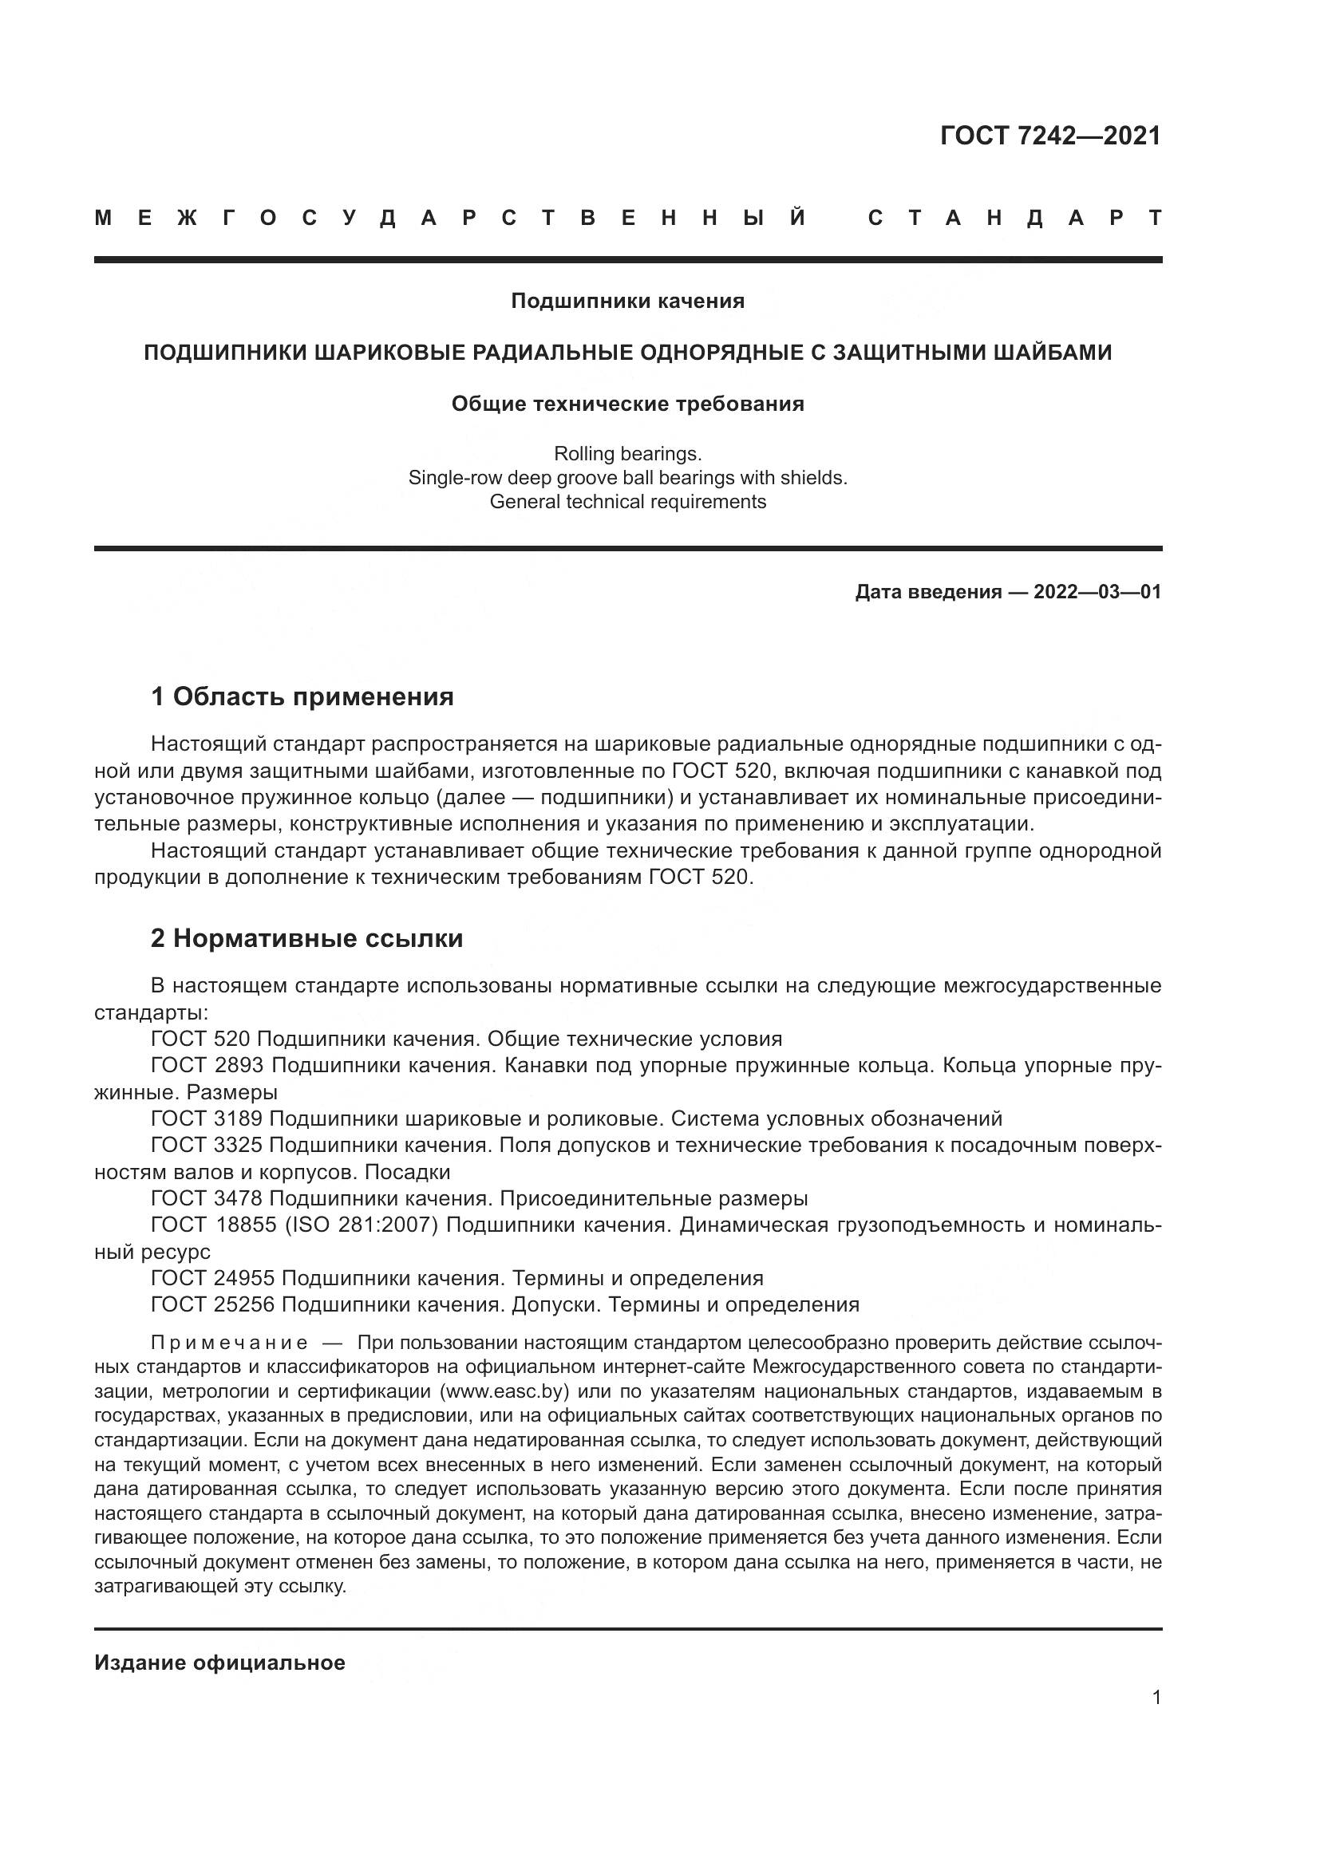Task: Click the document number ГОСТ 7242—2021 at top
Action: [1050, 136]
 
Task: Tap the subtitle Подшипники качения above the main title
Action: [627, 302]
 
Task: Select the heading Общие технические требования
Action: [627, 404]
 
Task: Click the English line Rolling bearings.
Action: [627, 453]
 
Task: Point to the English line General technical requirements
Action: [627, 502]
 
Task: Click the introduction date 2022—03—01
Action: [1097, 592]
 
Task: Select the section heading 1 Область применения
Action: [302, 696]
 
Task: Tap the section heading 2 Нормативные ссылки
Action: [307, 939]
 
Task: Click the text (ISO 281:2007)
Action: [362, 1225]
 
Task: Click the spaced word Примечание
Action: [229, 1342]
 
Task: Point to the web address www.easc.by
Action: [502, 1391]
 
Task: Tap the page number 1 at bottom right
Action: [1156, 1698]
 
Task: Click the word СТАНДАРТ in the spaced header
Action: [1015, 219]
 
